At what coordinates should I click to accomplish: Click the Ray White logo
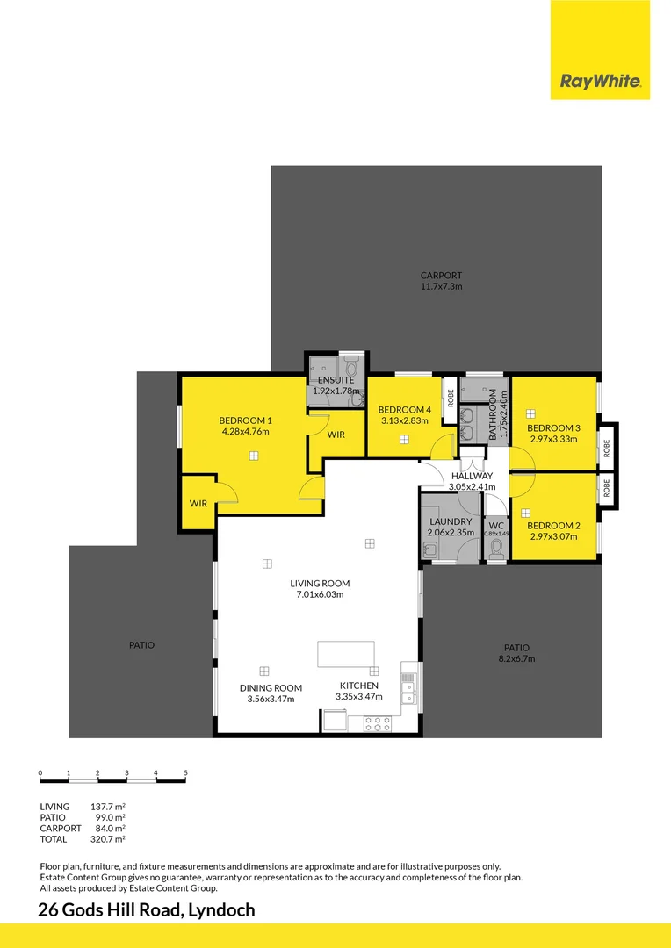(601, 83)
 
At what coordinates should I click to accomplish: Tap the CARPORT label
(441, 276)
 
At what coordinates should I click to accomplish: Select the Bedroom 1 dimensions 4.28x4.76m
(245, 431)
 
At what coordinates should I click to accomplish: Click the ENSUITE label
(335, 380)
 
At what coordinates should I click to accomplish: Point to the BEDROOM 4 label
(404, 410)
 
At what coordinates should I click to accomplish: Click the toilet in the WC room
(496, 549)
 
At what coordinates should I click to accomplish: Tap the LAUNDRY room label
(451, 521)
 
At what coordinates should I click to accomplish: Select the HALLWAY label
(472, 476)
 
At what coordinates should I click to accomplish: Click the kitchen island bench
(346, 655)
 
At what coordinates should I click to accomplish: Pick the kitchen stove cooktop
(378, 724)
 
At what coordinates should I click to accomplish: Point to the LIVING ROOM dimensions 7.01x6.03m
(320, 594)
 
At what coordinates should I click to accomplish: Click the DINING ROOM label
(271, 687)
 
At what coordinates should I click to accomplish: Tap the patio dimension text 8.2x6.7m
(516, 658)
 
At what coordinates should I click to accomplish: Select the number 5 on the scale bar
(186, 772)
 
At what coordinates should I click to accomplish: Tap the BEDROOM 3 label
(552, 428)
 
